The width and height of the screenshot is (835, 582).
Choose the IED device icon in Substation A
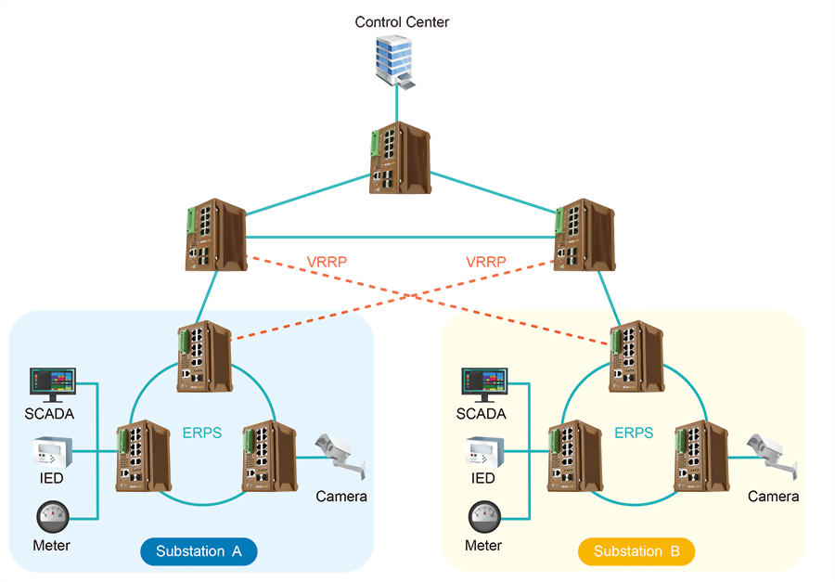pos(51,451)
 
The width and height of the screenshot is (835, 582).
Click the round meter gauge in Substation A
pos(51,516)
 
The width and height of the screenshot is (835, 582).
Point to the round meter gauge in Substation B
pos(483,516)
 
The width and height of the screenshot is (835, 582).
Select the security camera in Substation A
pos(340,454)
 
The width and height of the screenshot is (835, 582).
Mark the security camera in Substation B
pos(773,454)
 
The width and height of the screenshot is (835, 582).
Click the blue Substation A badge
pos(198,551)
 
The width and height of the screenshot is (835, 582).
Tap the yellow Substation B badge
pos(636,551)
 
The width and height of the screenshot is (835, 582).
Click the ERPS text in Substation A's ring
pos(201,433)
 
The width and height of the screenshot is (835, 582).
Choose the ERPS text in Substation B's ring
pos(634,433)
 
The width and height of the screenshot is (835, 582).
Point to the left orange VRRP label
pos(327,263)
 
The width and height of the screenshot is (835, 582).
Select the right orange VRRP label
pos(486,263)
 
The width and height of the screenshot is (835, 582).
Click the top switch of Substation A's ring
pos(205,356)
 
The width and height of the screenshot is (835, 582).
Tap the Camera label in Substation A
pos(341,497)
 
